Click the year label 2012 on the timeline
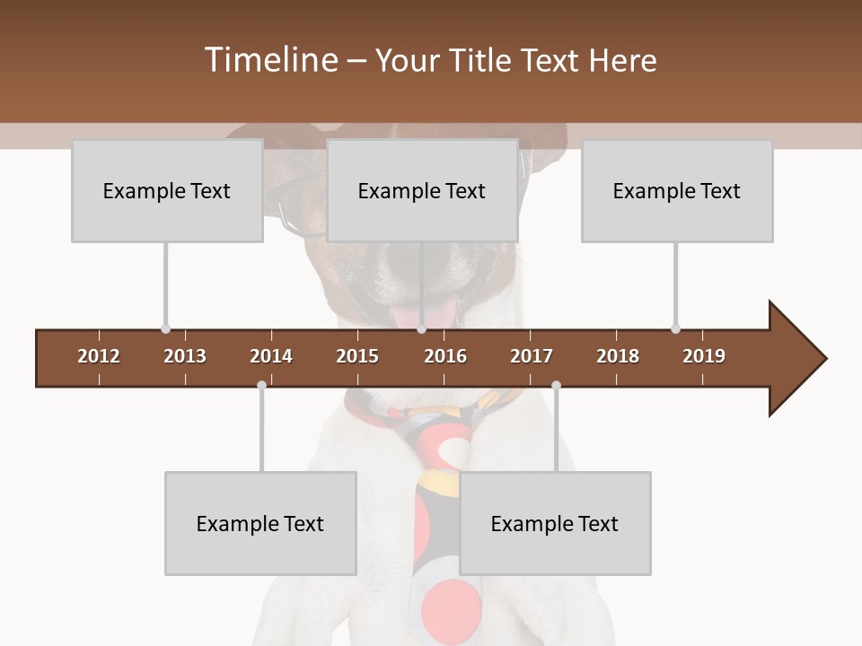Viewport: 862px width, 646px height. click(99, 356)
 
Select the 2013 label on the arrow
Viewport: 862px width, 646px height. click(185, 356)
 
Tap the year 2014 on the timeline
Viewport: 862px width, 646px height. click(271, 356)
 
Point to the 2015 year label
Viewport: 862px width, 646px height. click(357, 356)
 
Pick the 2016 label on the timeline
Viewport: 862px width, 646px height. click(445, 356)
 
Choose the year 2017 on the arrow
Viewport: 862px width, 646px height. click(532, 356)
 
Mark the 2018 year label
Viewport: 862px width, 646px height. click(618, 356)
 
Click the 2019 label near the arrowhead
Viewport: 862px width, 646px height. click(704, 356)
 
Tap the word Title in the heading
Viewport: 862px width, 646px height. click(484, 60)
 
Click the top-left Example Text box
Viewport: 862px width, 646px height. click(167, 190)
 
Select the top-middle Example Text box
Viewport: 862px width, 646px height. click(422, 190)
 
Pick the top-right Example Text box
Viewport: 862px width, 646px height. click(677, 190)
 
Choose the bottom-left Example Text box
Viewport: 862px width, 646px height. click(260, 523)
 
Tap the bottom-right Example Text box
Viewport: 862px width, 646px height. click(555, 523)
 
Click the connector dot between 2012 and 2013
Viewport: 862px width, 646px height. click(165, 329)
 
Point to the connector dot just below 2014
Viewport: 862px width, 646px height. click(261, 385)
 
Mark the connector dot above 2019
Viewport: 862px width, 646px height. click(675, 329)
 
